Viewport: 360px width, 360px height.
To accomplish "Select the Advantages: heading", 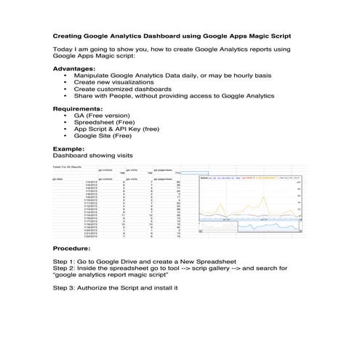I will point(74,68).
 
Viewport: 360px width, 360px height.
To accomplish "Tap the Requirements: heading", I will point(78,108).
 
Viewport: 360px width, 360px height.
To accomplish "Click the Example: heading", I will point(68,148).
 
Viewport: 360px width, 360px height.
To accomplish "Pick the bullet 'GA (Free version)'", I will point(101,115).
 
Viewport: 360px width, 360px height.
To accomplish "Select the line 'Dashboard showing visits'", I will point(93,155).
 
